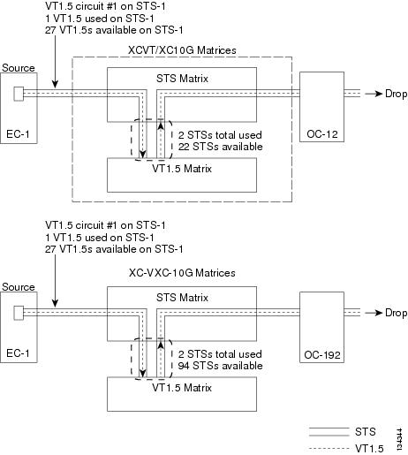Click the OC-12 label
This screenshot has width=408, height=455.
322,134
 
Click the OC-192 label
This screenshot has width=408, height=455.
322,355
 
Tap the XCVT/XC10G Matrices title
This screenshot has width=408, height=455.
182,50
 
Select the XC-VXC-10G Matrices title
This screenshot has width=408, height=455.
182,273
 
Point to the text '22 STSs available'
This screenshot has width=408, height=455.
220,147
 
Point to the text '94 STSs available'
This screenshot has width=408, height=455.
220,366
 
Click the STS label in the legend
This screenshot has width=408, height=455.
366,432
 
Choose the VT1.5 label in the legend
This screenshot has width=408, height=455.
369,449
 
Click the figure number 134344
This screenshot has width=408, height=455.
399,439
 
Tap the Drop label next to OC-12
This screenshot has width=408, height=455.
397,94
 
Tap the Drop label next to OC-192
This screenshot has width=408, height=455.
397,313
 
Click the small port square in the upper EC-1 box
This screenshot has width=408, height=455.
19,94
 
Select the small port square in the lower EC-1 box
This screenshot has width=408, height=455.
19,313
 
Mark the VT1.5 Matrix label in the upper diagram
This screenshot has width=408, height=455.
182,169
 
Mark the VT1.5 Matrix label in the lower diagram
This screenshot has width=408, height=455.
182,388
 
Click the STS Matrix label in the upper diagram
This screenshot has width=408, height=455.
182,79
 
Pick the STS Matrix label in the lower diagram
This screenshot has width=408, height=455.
182,298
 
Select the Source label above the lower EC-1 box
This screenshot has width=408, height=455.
19,287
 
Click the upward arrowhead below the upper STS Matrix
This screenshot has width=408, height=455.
161,125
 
